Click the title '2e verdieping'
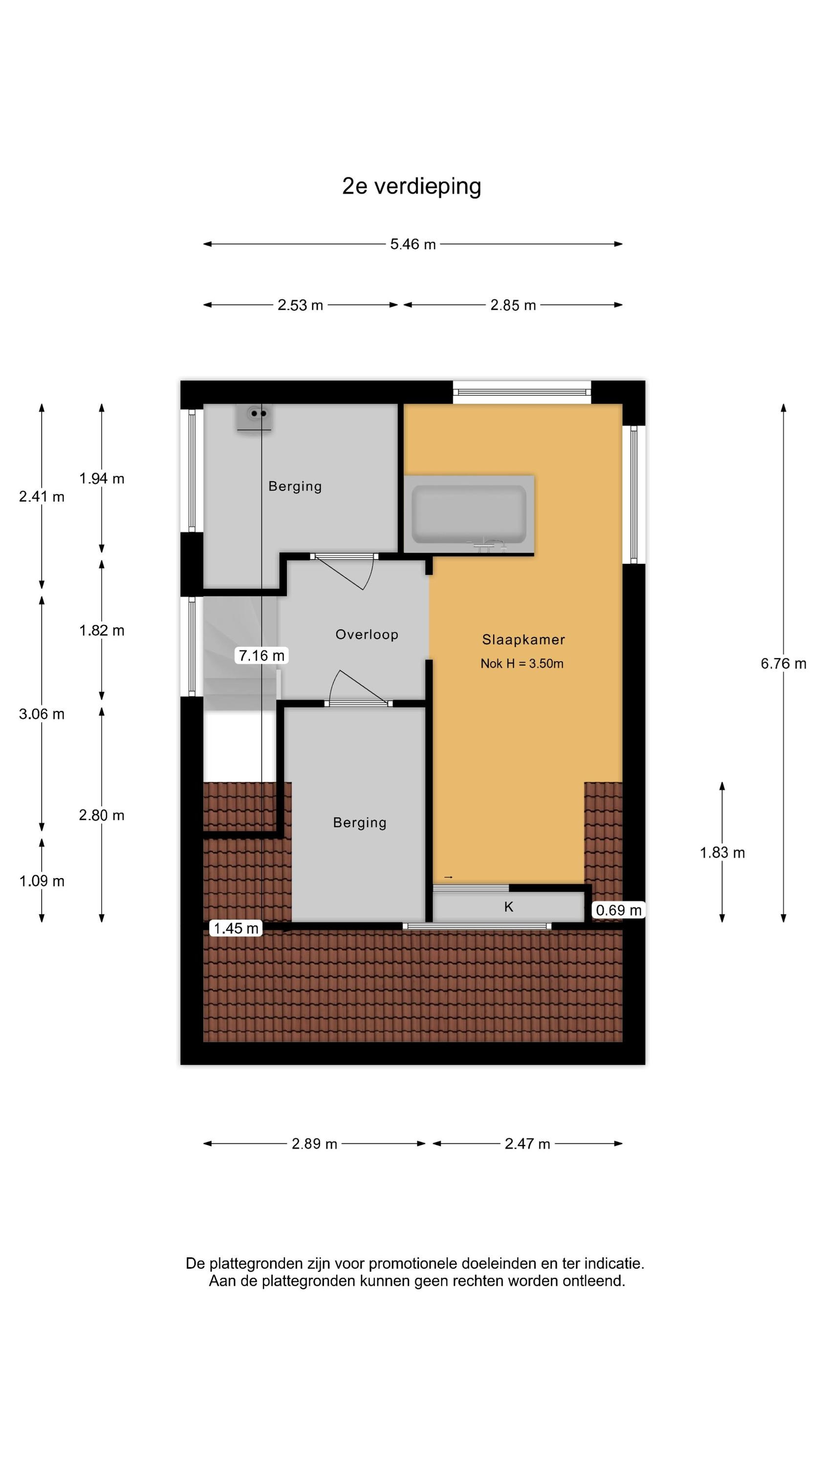[411, 186]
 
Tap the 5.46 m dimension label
[413, 244]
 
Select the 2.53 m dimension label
[300, 305]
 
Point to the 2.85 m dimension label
[513, 305]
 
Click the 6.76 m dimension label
[783, 664]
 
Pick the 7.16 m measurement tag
[261, 656]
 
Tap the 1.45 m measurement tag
[236, 928]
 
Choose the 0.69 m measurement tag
[618, 910]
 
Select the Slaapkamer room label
[523, 640]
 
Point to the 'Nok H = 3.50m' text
[522, 664]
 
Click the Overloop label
[367, 635]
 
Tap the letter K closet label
[509, 907]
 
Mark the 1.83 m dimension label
[722, 853]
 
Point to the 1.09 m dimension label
[42, 881]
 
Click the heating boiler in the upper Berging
[255, 419]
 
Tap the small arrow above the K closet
[448, 877]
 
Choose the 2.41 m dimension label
[42, 496]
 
